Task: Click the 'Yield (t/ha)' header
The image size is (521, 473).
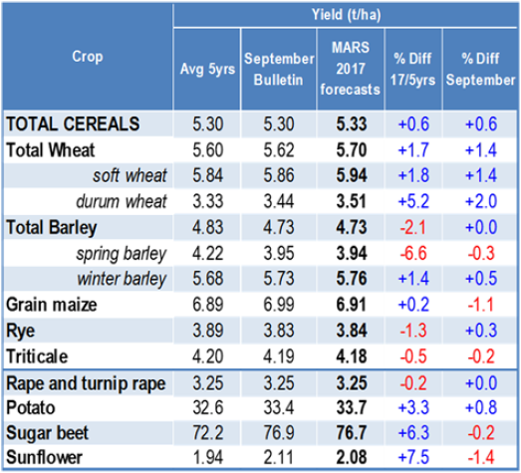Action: click(346, 15)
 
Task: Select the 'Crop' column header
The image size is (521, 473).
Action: click(88, 57)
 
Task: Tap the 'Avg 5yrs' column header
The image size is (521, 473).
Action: click(207, 69)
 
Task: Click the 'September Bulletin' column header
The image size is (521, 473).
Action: click(279, 69)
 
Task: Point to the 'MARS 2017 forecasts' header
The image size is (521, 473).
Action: click(351, 69)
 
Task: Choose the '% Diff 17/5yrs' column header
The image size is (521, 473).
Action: click(412, 69)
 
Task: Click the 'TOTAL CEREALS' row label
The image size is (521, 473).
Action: click(73, 124)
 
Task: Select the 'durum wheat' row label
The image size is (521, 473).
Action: click(122, 201)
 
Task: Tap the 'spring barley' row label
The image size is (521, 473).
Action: click(121, 254)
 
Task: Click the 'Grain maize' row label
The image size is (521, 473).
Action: click(52, 305)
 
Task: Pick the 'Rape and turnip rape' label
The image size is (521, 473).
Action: click(86, 383)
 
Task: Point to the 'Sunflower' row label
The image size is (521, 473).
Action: click(44, 457)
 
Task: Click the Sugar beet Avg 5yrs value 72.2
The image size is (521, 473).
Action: click(207, 433)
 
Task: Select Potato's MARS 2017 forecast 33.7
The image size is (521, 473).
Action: click(352, 407)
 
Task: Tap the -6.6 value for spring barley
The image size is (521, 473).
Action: click(413, 254)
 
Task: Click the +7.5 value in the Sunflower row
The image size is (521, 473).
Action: click(413, 457)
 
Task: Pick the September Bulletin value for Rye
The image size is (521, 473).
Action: click(279, 331)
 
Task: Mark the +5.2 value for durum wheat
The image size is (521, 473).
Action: click(413, 201)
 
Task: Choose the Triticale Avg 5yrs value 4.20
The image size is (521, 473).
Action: click(207, 356)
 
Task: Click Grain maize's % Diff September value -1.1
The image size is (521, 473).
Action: click(481, 305)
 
